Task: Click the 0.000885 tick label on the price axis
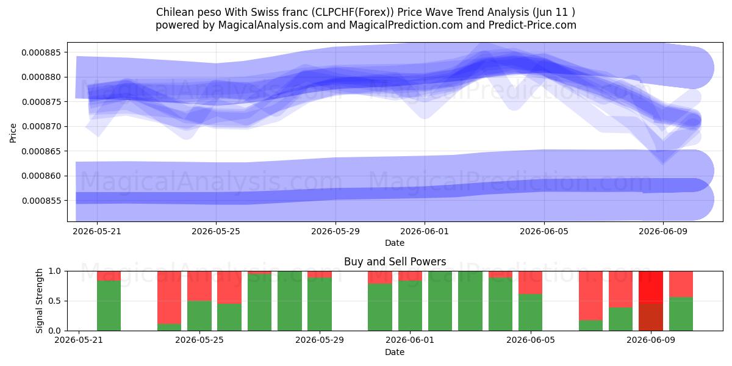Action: coord(41,52)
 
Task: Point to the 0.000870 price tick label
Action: coord(41,126)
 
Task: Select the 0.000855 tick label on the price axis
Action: coord(41,201)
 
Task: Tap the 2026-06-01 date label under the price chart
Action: coord(425,231)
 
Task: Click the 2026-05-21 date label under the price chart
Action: coord(97,231)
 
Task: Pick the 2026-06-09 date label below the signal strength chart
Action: coord(651,340)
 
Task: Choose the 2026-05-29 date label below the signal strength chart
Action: coord(320,340)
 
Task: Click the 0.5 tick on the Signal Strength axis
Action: coord(54,301)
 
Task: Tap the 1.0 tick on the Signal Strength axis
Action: coord(54,271)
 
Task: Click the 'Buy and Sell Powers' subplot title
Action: coord(395,262)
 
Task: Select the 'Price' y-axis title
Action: coord(13,133)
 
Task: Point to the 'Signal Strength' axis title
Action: coord(39,301)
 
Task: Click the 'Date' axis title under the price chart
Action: coord(395,243)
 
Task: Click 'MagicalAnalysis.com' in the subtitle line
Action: coord(271,25)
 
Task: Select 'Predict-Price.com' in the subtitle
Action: coord(533,25)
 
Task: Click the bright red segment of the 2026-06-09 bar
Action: coord(651,287)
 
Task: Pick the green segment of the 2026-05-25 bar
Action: coord(199,316)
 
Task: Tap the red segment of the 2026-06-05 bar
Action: coord(530,282)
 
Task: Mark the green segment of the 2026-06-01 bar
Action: coord(410,306)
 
